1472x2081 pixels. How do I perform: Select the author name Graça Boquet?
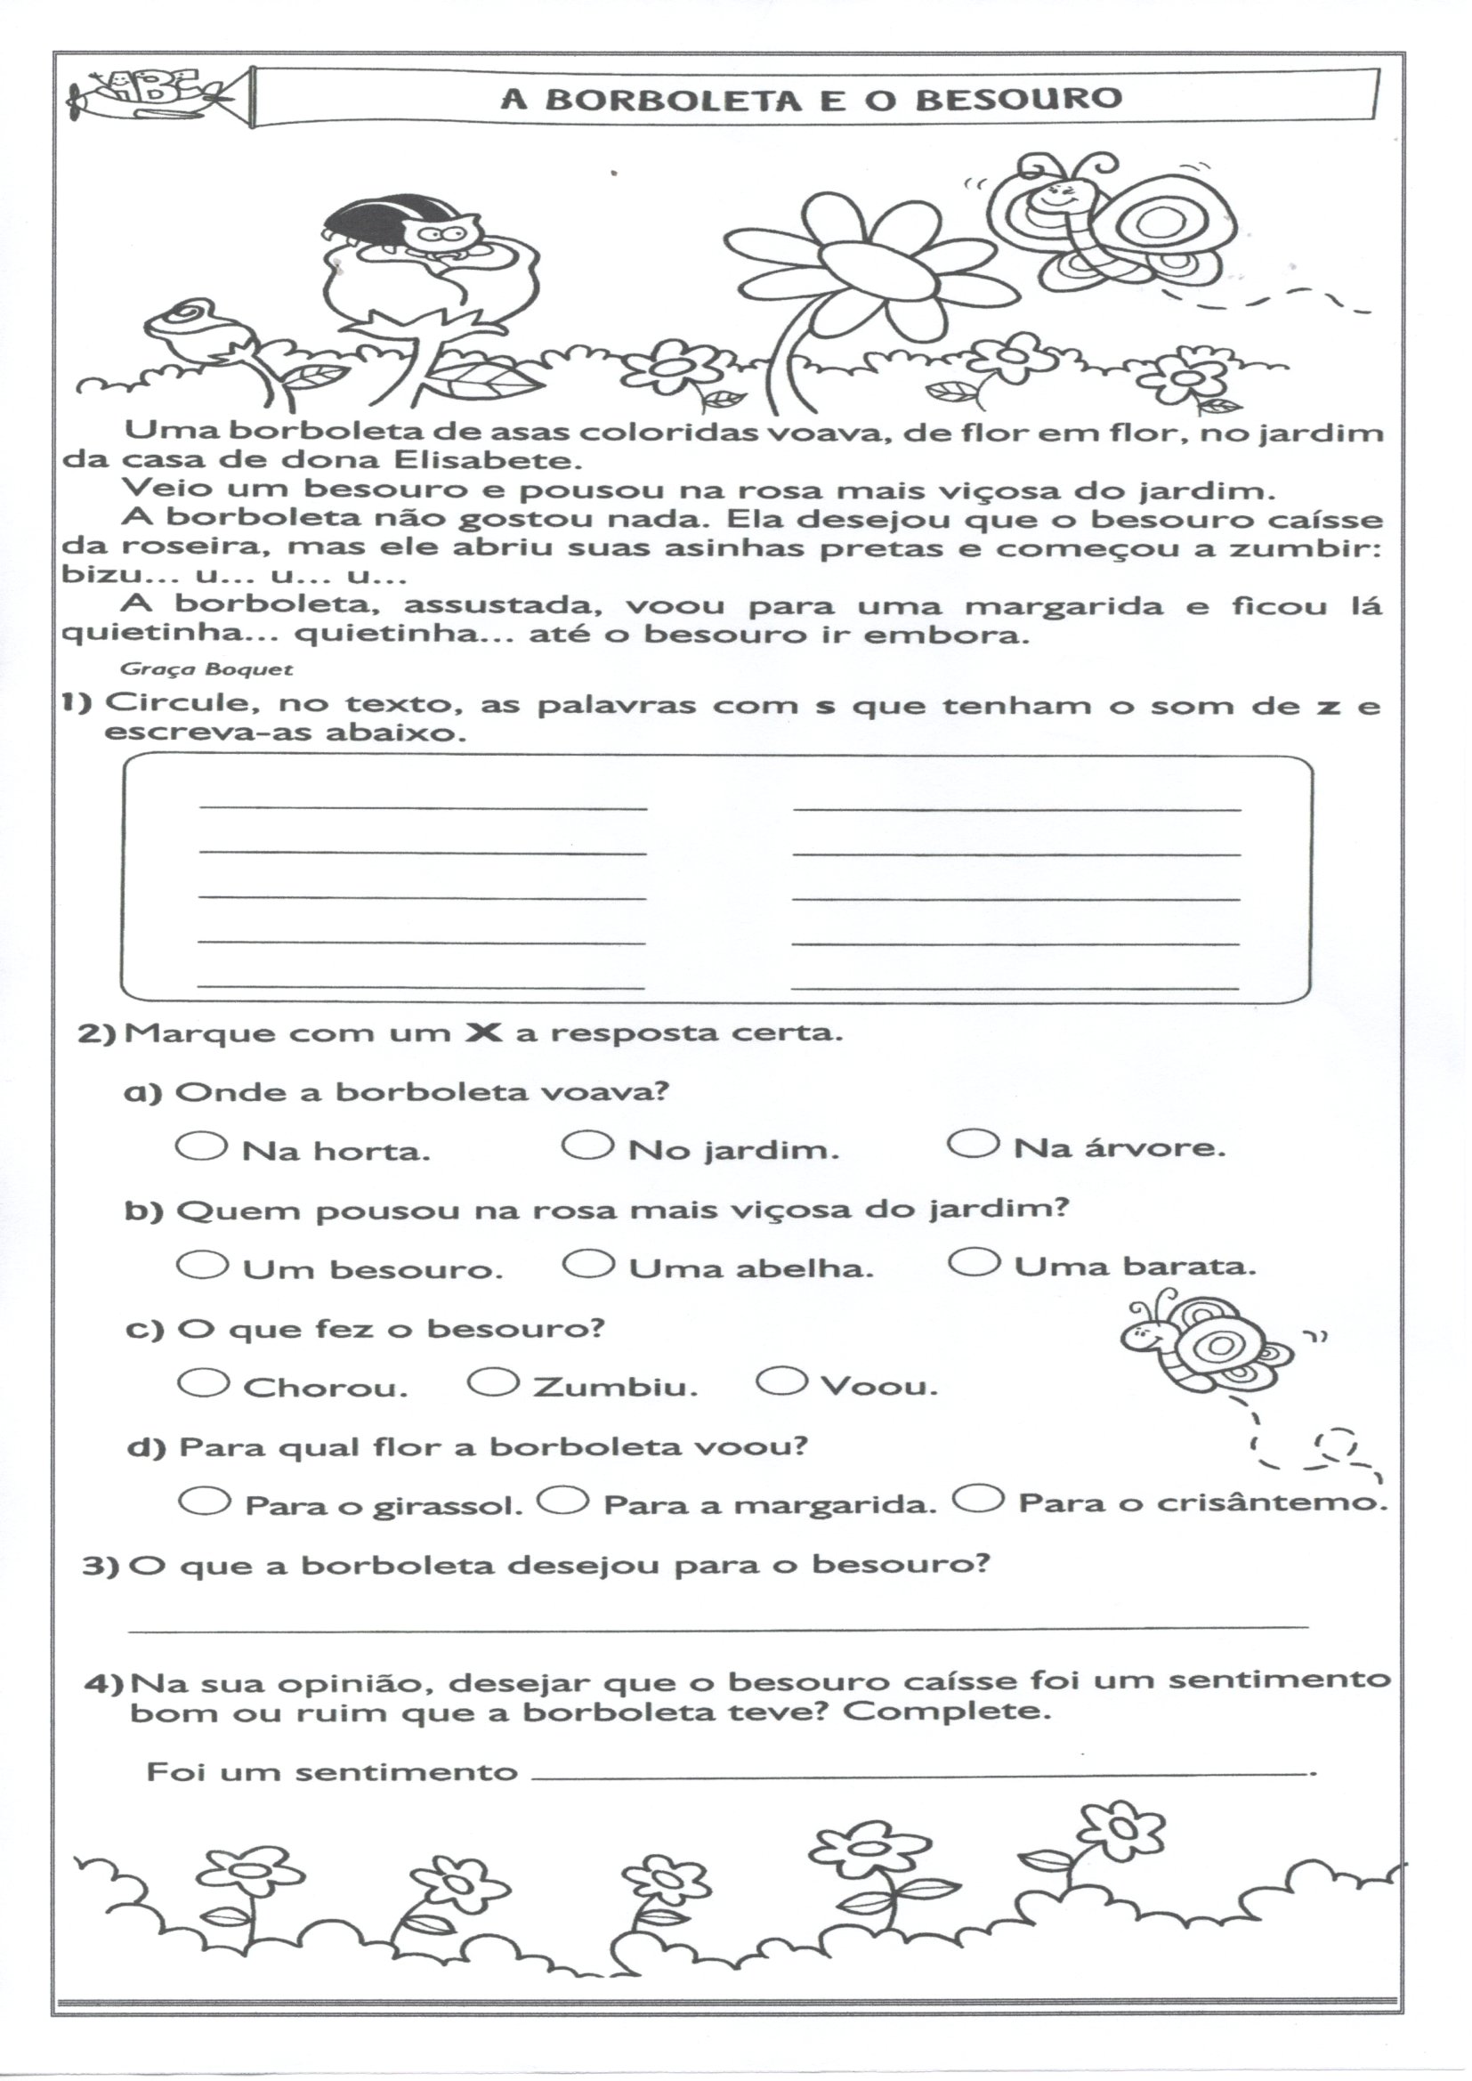click(x=206, y=670)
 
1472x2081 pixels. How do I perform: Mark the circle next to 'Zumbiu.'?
click(x=494, y=1382)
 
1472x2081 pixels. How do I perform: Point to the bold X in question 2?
click(x=483, y=1032)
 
